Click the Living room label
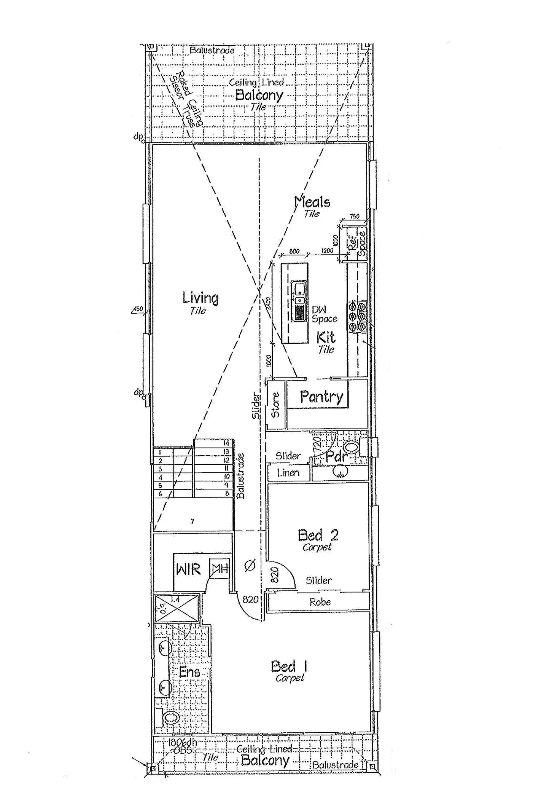click(x=200, y=298)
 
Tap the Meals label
click(x=313, y=202)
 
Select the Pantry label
click(x=321, y=397)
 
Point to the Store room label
click(x=276, y=405)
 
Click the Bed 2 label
click(x=318, y=536)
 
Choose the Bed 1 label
click(x=289, y=666)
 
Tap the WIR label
click(x=188, y=570)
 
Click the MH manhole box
click(x=220, y=569)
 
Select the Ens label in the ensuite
click(x=189, y=672)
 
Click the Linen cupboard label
click(x=288, y=473)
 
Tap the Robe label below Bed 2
click(x=320, y=602)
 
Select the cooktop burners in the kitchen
click(x=357, y=316)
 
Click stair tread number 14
click(x=226, y=443)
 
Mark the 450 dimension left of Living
click(x=138, y=309)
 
